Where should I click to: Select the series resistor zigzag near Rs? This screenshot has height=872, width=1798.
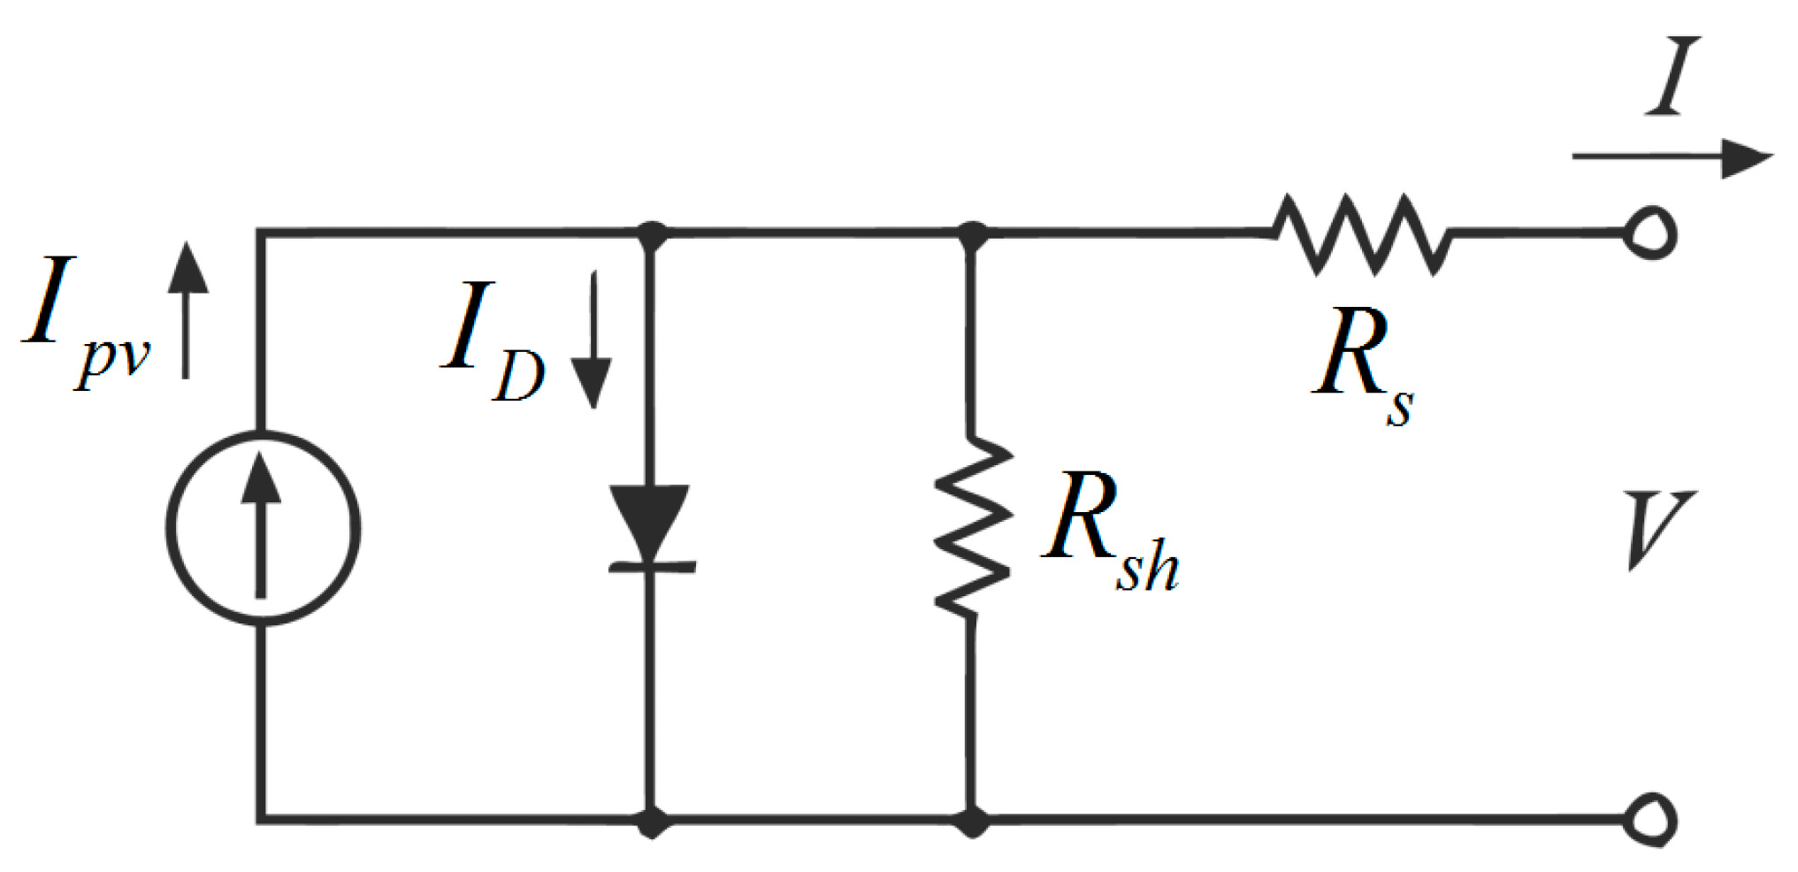pyautogui.click(x=1361, y=234)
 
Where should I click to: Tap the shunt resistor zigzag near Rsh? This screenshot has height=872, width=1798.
pyautogui.click(x=973, y=526)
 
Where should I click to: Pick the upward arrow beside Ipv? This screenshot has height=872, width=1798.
pyautogui.click(x=187, y=310)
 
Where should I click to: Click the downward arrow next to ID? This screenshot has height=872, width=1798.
pyautogui.click(x=592, y=340)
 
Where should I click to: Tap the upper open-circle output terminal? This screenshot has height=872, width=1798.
pyautogui.click(x=1649, y=233)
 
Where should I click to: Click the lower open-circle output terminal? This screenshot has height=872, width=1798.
pyautogui.click(x=1649, y=821)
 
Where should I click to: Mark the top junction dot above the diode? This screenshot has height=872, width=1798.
pyautogui.click(x=652, y=235)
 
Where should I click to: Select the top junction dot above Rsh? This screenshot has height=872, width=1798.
pyautogui.click(x=973, y=235)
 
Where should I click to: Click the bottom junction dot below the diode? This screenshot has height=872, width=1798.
pyautogui.click(x=652, y=822)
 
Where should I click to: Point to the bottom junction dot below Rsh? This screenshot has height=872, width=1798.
pyautogui.click(x=973, y=822)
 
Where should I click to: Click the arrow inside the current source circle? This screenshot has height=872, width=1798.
pyautogui.click(x=261, y=526)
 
